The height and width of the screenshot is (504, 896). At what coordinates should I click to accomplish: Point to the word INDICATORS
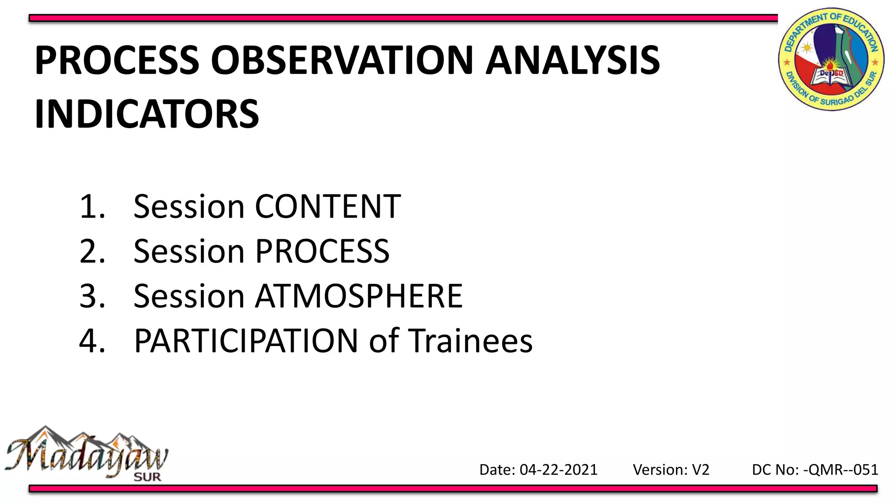(x=147, y=114)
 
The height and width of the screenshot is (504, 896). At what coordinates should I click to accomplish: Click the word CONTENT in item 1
(x=328, y=206)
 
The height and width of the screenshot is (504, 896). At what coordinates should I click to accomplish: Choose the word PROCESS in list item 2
(x=322, y=252)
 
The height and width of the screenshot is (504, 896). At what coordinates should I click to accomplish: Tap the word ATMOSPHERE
(x=359, y=296)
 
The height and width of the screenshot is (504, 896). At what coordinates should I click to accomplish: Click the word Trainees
(x=470, y=341)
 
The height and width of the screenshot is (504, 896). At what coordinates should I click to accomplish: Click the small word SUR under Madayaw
(x=147, y=477)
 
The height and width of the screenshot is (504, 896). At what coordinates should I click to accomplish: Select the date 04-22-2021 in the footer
(x=558, y=470)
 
